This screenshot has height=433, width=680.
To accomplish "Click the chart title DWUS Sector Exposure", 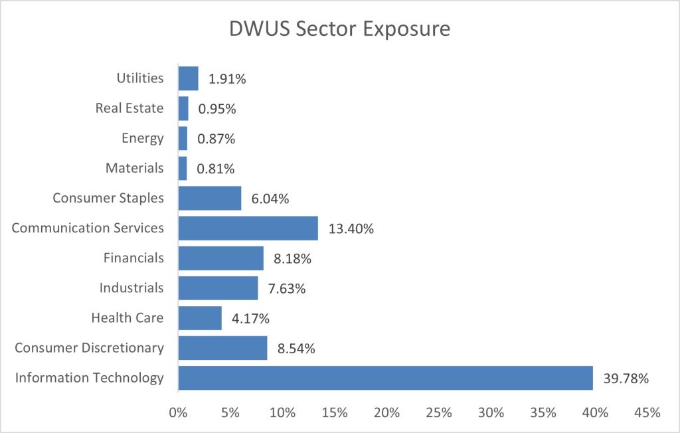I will pos(339,29).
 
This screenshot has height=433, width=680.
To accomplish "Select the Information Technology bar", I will pos(385,378).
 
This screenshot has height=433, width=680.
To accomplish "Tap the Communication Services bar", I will pos(248,228).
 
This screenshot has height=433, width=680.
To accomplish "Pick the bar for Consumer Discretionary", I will pos(222,347).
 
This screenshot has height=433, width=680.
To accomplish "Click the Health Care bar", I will pos(200,318).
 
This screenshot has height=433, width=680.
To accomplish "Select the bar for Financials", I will pos(220,258).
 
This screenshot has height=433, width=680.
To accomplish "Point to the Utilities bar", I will pos(188,78).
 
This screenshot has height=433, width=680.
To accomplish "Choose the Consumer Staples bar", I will pos(210,198).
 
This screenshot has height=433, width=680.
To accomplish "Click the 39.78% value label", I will pos(626,379).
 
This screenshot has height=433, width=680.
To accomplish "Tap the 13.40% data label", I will pos(351,229).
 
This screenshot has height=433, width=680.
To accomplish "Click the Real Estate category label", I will pos(130,108).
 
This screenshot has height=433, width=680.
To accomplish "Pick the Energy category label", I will pos(142,138).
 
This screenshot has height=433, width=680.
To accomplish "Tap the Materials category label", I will pos(134,168).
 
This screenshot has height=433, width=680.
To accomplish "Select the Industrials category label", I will pos(131,288).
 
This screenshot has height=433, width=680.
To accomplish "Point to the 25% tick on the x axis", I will pos(438,412).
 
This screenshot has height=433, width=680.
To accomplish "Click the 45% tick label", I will pos(647,412).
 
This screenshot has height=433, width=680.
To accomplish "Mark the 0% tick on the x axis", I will pos(178,412).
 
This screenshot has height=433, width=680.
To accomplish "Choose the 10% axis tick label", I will pos(282,412).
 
